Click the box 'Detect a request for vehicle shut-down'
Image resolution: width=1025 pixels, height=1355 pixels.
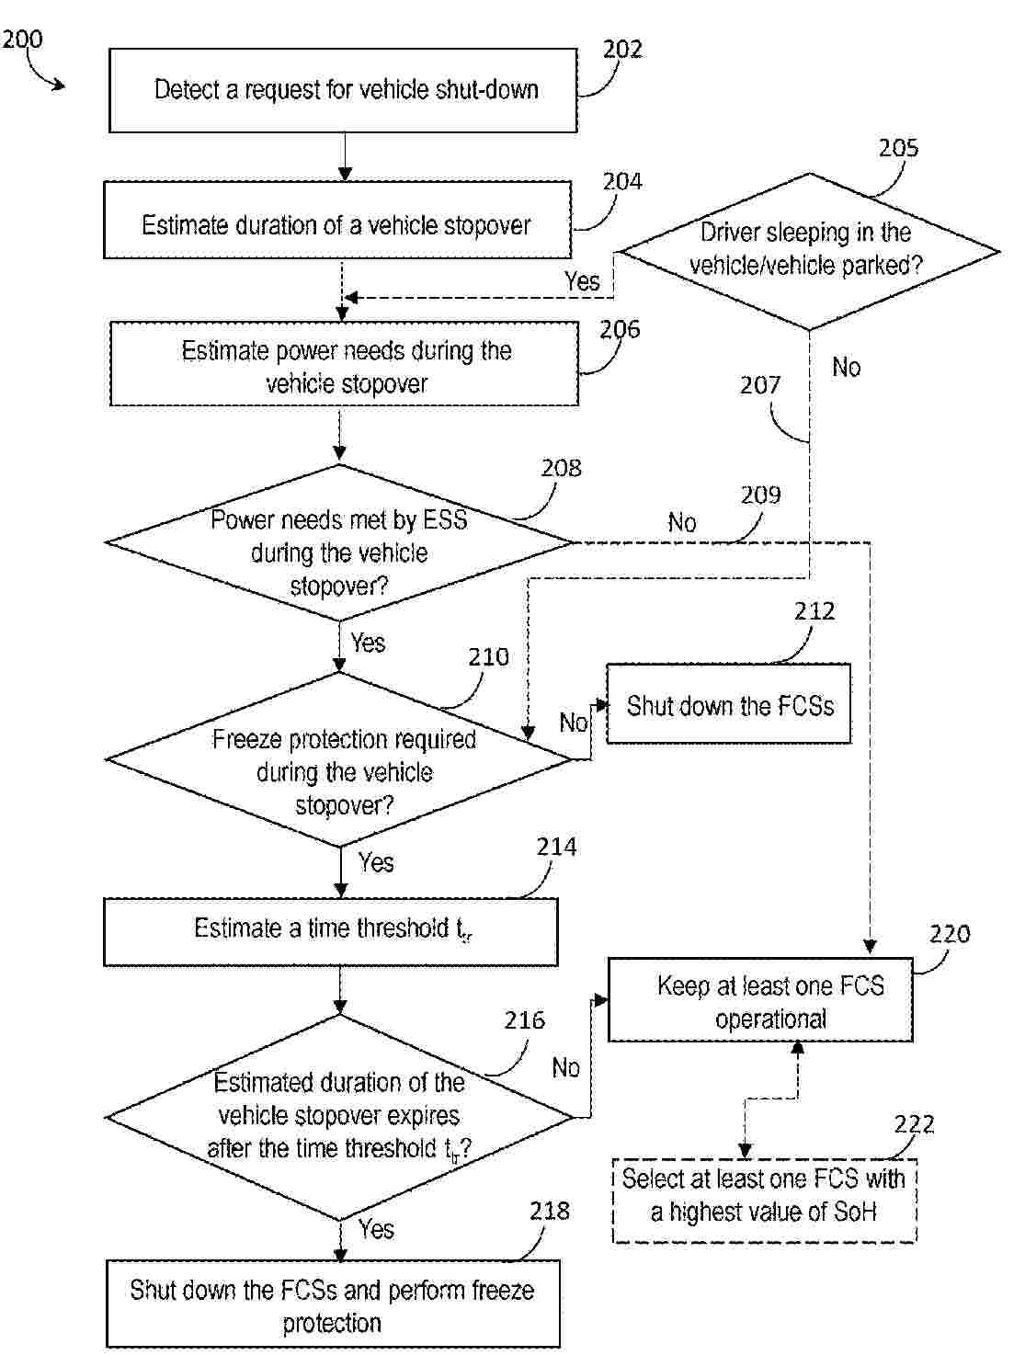click(343, 90)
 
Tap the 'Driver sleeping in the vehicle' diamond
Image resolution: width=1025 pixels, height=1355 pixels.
click(807, 250)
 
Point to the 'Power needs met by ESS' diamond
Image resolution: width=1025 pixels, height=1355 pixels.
click(339, 543)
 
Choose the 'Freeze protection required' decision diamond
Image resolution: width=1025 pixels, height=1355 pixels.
click(340, 760)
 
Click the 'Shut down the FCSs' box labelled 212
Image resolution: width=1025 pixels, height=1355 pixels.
click(729, 705)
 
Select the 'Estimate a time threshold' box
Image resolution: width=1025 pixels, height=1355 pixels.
click(330, 930)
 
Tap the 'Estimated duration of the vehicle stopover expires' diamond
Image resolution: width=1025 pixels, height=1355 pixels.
click(339, 1117)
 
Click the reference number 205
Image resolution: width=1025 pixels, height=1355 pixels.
click(898, 148)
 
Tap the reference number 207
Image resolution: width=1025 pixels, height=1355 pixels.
click(759, 385)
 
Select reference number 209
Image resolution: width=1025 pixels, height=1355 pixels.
click(760, 495)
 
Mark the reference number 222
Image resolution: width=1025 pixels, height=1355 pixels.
click(914, 1124)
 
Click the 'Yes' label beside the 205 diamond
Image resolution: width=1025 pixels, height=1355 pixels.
click(582, 281)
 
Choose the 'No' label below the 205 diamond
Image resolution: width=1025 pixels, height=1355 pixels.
click(846, 368)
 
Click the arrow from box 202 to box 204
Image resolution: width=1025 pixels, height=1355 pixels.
click(345, 156)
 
